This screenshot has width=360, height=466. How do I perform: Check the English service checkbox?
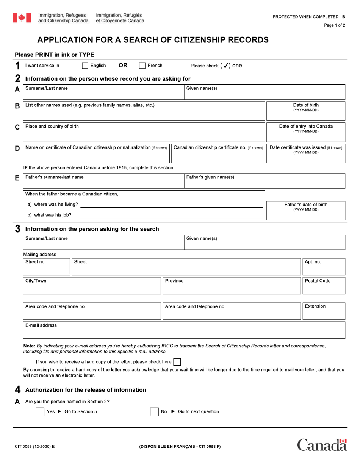[85, 66]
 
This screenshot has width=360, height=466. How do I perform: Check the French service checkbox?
[142, 66]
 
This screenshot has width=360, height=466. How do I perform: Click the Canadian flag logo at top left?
[22, 18]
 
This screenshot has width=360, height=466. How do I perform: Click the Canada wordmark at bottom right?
[322, 445]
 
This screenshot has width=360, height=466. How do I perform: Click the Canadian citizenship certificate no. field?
[218, 156]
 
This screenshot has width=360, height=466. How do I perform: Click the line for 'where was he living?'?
[171, 205]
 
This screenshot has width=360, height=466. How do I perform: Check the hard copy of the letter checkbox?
[177, 362]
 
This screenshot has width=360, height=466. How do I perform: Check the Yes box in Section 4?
[40, 412]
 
